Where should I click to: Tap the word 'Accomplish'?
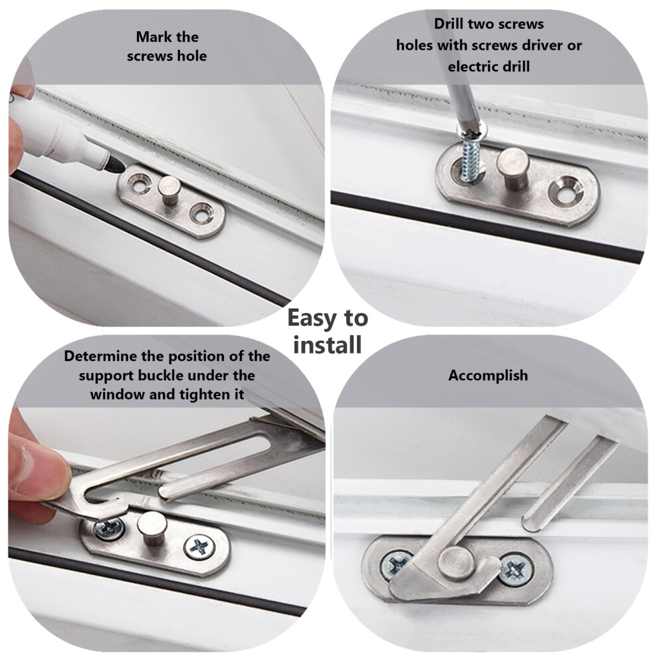point(488,375)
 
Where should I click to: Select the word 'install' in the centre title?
point(328,344)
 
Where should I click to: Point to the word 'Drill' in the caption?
point(449,23)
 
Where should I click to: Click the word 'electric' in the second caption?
point(472,66)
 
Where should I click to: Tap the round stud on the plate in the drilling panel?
point(514,168)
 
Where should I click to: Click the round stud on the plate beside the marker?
point(169,189)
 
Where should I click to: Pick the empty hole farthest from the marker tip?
point(202,213)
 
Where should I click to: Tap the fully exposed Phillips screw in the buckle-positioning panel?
point(199,547)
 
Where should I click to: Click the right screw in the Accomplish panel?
point(515,570)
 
